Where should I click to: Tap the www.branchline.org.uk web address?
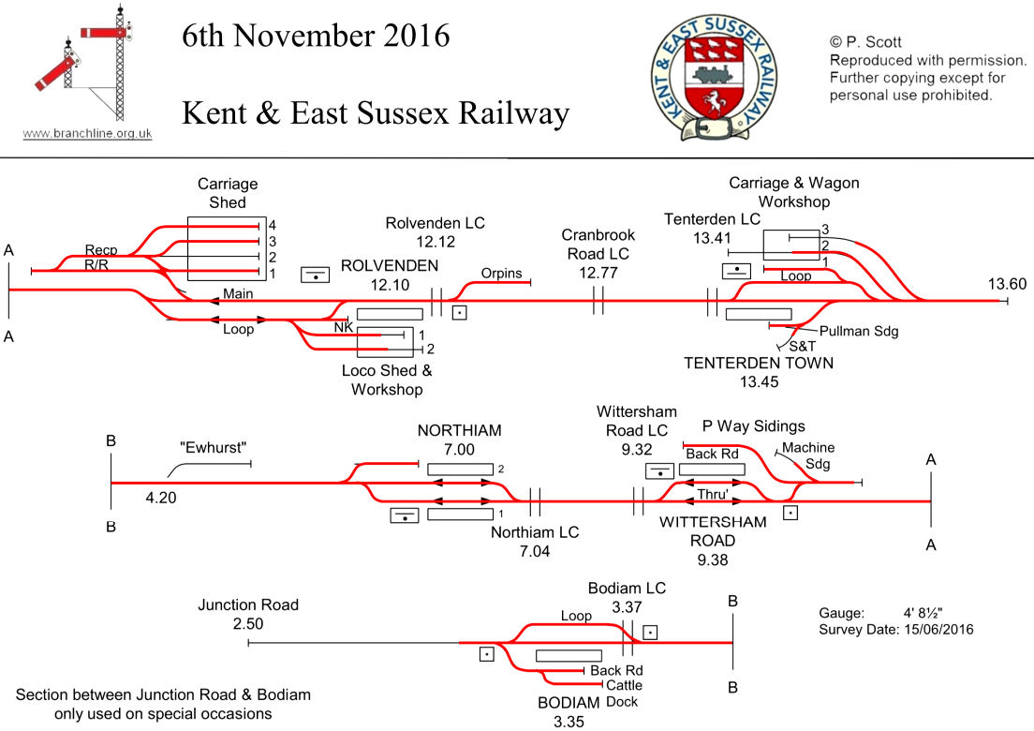[x=87, y=133]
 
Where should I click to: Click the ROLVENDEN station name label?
[x=390, y=265]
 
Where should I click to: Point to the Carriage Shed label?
[x=228, y=193]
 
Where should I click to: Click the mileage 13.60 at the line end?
[x=1007, y=284]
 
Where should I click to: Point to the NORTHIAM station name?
[x=460, y=431]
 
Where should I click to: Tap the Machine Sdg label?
[x=808, y=455]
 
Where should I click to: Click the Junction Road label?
[x=248, y=605]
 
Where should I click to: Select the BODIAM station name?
[x=568, y=703]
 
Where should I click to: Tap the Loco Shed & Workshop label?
[x=387, y=380]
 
